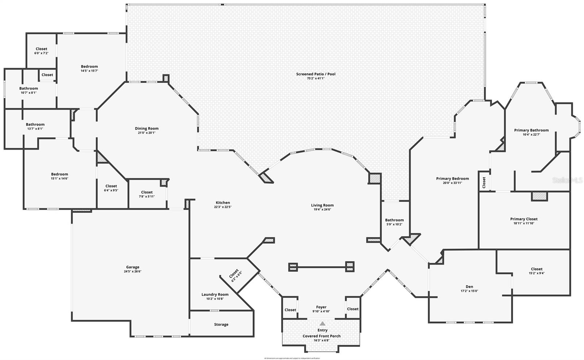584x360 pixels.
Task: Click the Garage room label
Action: click(132, 267)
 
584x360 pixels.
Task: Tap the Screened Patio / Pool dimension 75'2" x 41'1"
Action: click(315, 78)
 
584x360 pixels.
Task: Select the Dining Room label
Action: click(147, 129)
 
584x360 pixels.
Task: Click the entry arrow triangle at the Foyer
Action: click(322, 323)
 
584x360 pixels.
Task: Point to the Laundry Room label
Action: click(215, 295)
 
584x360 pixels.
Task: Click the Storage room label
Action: click(221, 325)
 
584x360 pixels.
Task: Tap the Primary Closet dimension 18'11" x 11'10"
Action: click(524, 223)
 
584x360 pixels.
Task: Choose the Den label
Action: click(469, 287)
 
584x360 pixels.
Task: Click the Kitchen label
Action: click(223, 203)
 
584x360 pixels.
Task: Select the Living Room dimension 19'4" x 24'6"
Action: click(322, 210)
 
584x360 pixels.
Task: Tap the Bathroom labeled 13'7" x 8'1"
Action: click(35, 125)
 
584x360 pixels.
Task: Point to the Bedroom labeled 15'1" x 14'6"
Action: click(59, 174)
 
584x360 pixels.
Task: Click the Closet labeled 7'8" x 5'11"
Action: click(147, 192)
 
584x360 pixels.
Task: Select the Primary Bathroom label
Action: click(531, 130)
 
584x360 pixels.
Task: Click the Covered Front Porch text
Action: click(322, 336)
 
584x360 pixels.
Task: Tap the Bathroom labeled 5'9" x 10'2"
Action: click(394, 220)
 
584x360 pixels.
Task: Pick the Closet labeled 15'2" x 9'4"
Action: click(537, 269)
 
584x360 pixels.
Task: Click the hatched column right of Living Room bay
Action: click(374, 178)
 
